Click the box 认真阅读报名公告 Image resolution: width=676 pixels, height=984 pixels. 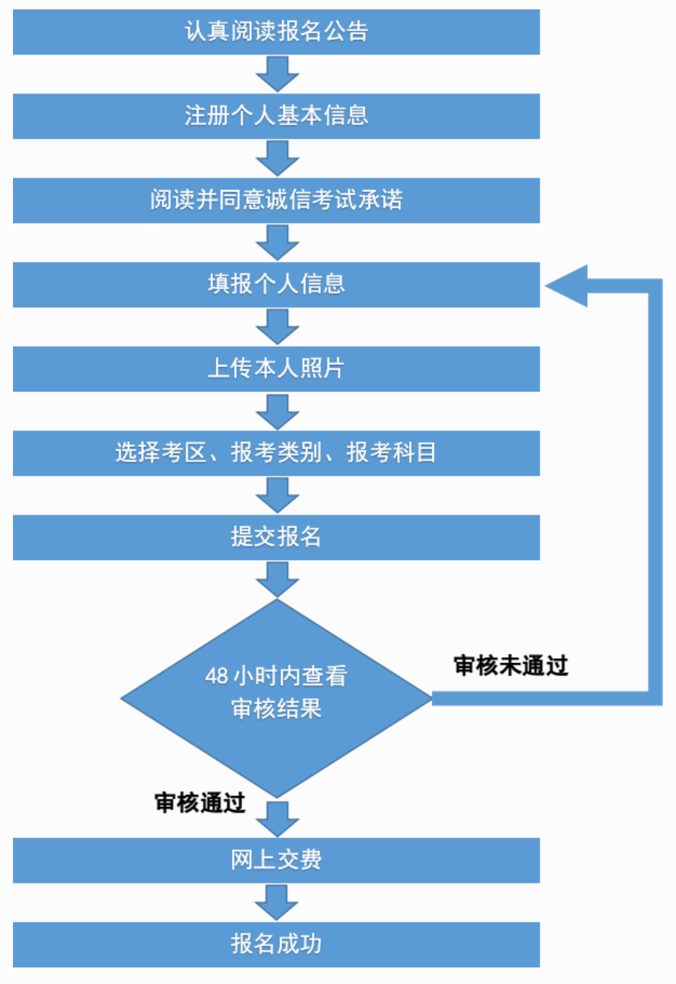click(x=276, y=32)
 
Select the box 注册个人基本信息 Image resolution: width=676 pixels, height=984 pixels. click(x=276, y=116)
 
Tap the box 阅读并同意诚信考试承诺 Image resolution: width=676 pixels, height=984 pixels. click(x=276, y=200)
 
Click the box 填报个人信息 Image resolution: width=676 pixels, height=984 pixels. click(x=276, y=284)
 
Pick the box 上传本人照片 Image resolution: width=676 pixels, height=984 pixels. click(x=276, y=369)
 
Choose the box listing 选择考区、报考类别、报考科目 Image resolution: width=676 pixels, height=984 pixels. click(x=276, y=453)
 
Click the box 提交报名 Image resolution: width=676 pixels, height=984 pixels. click(x=276, y=537)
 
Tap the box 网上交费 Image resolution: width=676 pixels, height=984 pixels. click(x=276, y=860)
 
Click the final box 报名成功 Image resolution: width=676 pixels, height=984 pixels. click(x=276, y=944)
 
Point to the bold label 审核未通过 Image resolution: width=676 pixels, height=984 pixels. click(x=510, y=666)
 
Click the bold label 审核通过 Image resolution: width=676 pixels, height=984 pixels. click(x=199, y=803)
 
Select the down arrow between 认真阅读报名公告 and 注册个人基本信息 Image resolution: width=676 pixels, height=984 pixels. click(x=277, y=73)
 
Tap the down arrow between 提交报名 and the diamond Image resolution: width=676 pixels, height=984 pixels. click(x=277, y=579)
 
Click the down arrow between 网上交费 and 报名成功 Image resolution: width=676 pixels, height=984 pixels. click(x=277, y=902)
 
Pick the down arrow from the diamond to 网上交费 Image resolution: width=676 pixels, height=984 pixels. click(x=277, y=818)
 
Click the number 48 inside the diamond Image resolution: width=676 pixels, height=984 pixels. click(x=216, y=676)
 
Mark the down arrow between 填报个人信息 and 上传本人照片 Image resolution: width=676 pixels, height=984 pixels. click(x=277, y=327)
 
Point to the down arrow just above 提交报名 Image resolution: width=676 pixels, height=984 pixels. click(x=277, y=495)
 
